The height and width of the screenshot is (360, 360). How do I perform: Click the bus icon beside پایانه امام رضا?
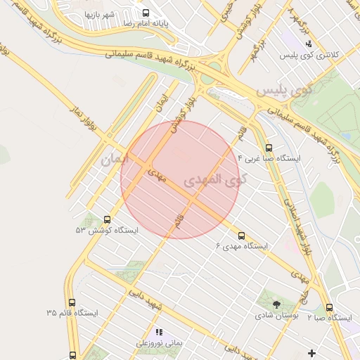tap(146, 13)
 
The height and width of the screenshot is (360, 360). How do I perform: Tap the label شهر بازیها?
tap(100, 14)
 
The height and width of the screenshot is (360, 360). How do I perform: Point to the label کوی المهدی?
tap(216, 180)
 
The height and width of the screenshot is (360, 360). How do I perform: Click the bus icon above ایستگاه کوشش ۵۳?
tap(107, 219)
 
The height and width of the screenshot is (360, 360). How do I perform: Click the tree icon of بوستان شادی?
tap(276, 305)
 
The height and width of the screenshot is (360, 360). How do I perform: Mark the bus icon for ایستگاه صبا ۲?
tap(329, 307)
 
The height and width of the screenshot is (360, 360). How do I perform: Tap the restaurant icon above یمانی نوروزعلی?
tap(159, 331)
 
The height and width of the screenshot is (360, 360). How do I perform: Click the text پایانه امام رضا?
tap(181, 23)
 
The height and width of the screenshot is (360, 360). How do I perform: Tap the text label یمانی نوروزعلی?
tap(159, 342)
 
